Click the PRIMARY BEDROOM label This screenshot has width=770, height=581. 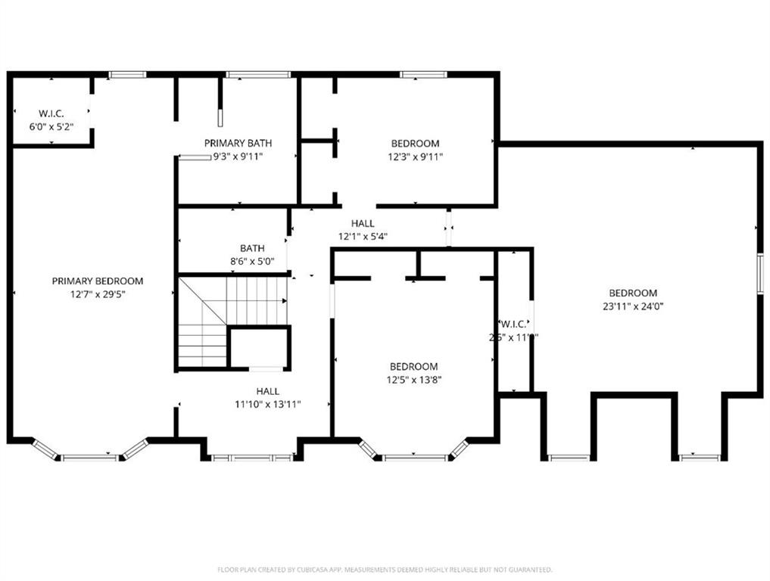coord(97,281)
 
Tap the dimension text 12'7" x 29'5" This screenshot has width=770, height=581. coord(97,294)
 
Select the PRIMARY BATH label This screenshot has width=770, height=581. coord(238,143)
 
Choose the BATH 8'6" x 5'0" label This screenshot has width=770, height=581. coord(252,248)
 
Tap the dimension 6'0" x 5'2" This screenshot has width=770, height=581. coord(51,127)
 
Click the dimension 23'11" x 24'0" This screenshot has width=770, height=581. coord(633,306)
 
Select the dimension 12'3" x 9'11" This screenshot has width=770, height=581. coord(415,157)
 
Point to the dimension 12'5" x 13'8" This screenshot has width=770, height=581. coord(413,380)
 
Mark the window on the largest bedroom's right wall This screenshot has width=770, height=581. coord(760,272)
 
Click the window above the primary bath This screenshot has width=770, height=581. coord(257,74)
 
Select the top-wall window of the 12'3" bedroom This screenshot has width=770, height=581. coord(423,74)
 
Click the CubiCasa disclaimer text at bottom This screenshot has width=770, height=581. coord(385,570)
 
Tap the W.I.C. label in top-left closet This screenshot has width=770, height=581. coord(51,114)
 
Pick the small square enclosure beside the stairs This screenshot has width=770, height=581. coord(259,348)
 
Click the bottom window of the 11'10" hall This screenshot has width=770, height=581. coord(252,458)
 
